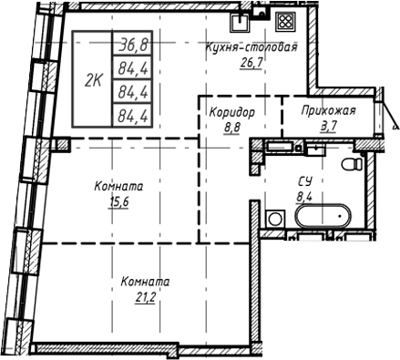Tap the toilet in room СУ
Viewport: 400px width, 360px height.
pyautogui.click(x=350, y=165)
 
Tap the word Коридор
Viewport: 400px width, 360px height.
pyautogui.click(x=228, y=110)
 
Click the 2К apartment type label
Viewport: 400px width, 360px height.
pyautogui.click(x=93, y=78)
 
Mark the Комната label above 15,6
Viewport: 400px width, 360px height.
pyautogui.click(x=119, y=187)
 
